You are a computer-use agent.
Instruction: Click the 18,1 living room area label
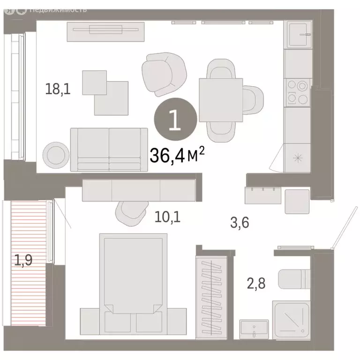tap(58, 89)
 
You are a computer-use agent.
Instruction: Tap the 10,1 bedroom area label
tap(167, 217)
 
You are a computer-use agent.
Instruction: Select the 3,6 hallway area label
tap(239, 223)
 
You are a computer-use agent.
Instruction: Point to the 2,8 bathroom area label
tap(256, 283)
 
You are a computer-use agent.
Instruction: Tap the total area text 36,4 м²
tap(177, 154)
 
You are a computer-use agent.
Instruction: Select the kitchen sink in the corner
tap(298, 35)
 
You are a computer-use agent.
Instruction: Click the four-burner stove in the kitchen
tap(297, 92)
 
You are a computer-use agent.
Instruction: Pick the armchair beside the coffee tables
tap(164, 74)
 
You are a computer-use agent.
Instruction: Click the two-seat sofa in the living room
tap(109, 149)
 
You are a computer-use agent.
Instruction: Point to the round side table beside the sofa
tap(55, 153)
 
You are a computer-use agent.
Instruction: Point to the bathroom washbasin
tap(254, 328)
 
